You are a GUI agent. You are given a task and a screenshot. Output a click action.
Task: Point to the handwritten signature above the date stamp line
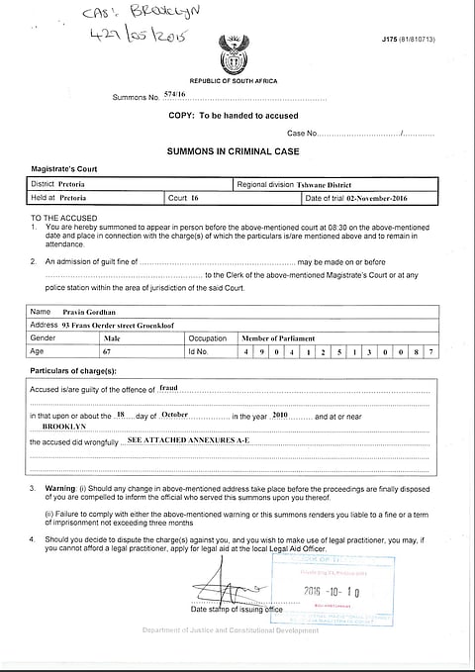coord(235,590)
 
